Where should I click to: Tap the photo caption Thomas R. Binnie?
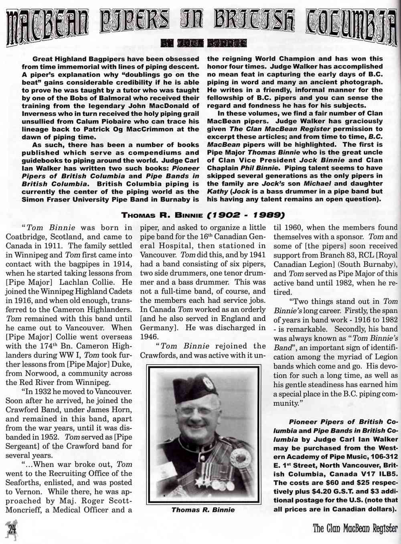click(x=203, y=510)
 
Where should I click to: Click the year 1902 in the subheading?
click(x=227, y=215)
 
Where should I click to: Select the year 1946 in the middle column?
click(x=149, y=337)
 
